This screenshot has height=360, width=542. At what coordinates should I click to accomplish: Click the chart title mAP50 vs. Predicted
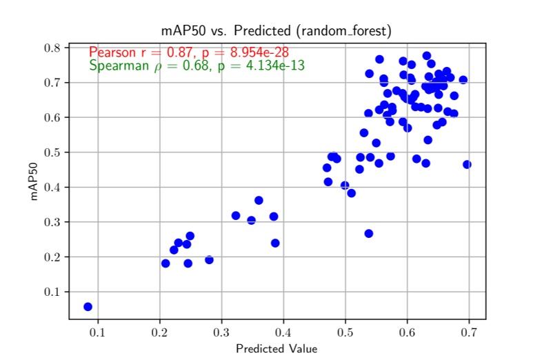(275, 31)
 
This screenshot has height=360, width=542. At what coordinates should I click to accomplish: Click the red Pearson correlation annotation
(188, 52)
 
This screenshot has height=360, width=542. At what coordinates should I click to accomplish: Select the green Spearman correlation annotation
(197, 66)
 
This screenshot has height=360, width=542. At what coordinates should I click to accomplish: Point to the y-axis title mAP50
(33, 181)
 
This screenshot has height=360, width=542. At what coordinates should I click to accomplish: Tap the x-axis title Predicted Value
(277, 348)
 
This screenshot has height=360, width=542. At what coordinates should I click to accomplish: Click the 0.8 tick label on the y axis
(52, 48)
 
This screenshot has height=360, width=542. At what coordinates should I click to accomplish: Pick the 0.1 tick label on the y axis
(52, 292)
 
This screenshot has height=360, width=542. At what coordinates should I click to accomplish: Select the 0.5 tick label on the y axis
(52, 152)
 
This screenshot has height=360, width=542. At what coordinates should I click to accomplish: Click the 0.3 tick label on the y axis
(52, 222)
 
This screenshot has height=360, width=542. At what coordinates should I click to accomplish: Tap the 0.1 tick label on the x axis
(98, 334)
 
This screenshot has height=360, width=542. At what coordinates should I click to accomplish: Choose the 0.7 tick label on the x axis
(470, 334)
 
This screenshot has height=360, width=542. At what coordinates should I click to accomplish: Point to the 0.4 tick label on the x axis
(284, 334)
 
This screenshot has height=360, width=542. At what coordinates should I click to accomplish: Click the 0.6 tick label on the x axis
(408, 334)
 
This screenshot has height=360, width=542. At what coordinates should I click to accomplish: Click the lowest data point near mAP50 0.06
(88, 306)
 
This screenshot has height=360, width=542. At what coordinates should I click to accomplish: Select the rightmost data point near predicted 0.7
(467, 164)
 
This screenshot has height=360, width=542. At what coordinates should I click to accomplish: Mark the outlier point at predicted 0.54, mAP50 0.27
(369, 234)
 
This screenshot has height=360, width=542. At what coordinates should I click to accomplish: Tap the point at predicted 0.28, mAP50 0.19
(209, 260)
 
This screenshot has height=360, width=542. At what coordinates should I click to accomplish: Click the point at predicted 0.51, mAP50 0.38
(351, 193)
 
